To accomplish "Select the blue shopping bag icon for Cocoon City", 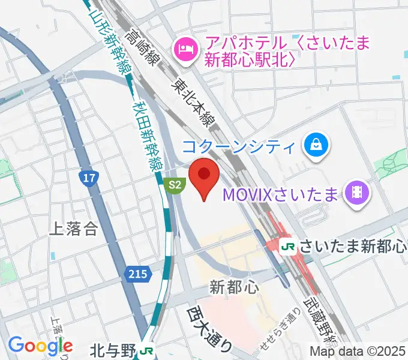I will [x=314, y=146].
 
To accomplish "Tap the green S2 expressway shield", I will [x=174, y=185].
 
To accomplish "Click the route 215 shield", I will [x=137, y=274].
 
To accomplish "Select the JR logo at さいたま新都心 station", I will [x=289, y=247].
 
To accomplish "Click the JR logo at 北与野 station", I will [x=145, y=349].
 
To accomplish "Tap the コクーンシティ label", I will [x=239, y=146].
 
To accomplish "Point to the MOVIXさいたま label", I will [x=280, y=194].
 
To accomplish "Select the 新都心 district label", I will [x=235, y=287].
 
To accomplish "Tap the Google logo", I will [x=40, y=345].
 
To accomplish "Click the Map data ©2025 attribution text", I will [x=357, y=352].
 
